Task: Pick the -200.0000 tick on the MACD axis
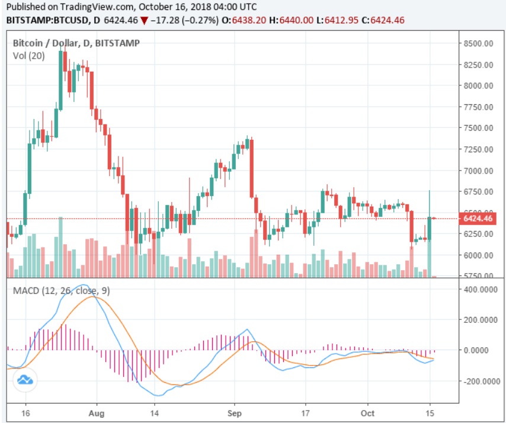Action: (481, 381)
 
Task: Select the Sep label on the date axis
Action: (235, 414)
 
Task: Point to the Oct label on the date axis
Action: (368, 414)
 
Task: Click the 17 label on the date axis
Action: (305, 414)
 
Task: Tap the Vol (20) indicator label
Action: (28, 55)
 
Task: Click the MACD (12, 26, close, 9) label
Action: (61, 290)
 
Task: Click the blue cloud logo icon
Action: (24, 380)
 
